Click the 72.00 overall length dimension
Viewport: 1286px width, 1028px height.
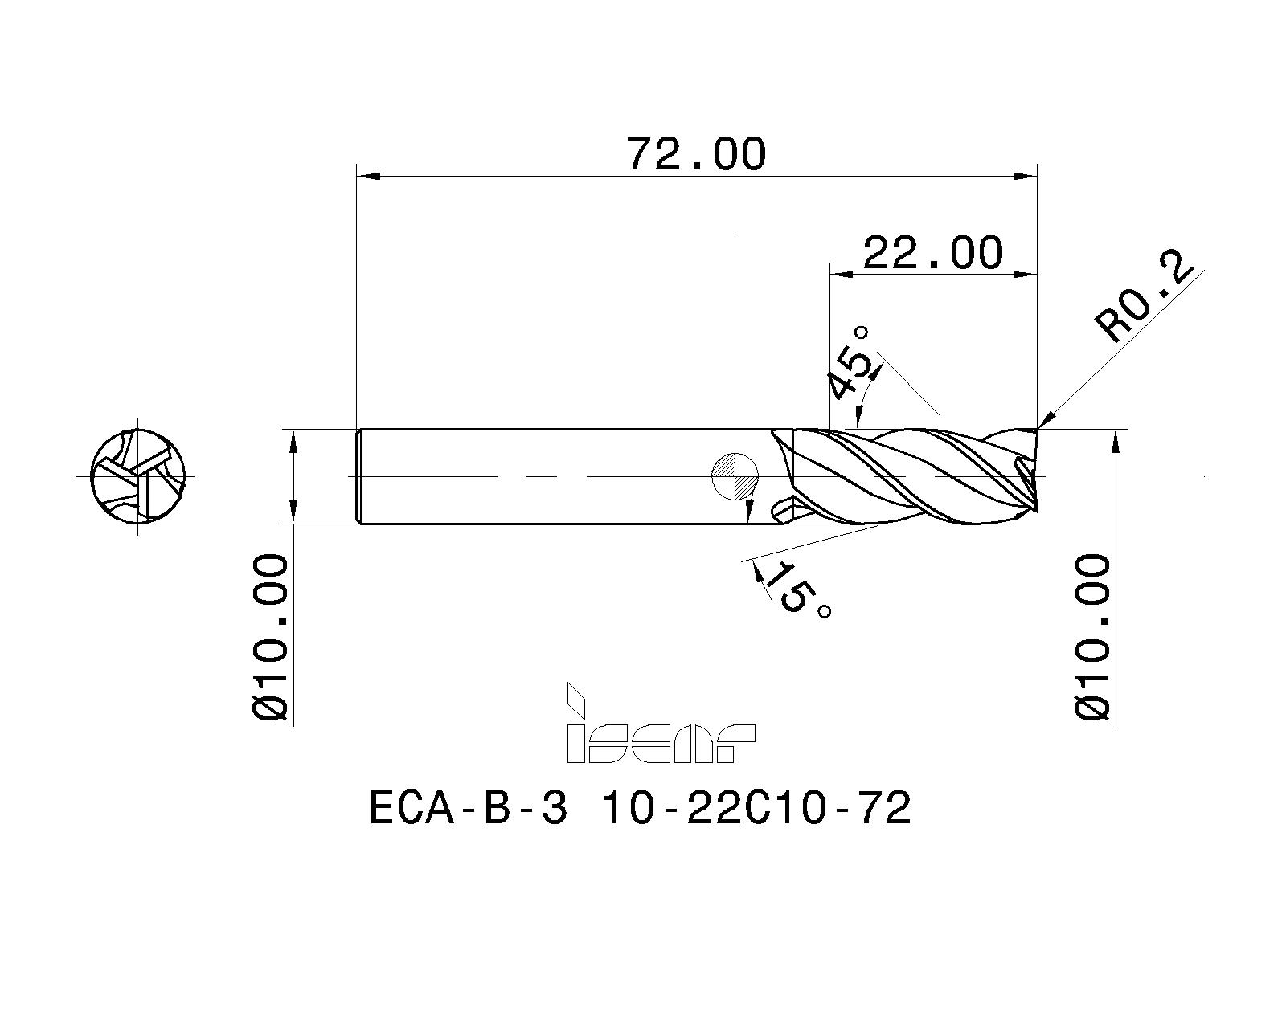coord(696,154)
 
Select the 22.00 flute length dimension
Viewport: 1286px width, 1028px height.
coord(932,253)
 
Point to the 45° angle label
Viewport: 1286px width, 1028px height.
coord(850,363)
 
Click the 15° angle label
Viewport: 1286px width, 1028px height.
coord(796,590)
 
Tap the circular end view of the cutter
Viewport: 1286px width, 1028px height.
coord(138,476)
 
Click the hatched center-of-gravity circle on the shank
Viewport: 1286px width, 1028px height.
coord(735,476)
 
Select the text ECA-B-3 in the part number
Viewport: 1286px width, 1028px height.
coord(468,809)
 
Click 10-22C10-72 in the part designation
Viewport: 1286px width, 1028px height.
coord(756,809)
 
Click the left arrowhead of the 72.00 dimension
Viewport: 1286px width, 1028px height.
coord(367,175)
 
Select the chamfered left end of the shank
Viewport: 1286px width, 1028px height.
coord(358,476)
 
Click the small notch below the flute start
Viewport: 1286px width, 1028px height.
coord(782,511)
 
